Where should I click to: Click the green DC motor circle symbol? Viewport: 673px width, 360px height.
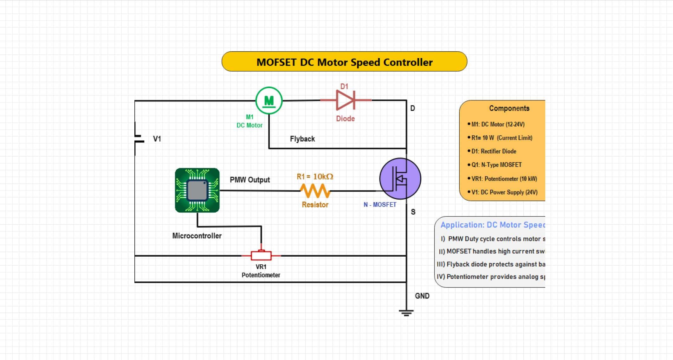coord(269,100)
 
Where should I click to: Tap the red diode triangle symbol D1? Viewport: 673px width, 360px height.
coord(345,100)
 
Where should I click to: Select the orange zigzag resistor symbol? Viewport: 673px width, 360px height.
coord(315,191)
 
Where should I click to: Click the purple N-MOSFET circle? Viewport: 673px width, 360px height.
coord(400,178)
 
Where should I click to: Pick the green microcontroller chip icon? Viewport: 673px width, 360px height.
coord(197,190)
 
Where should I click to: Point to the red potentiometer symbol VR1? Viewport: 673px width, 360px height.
coord(261,255)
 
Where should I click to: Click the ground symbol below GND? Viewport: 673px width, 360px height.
coord(406,313)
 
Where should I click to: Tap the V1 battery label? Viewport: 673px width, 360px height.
coord(157,139)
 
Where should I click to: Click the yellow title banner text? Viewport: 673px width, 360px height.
coord(344,62)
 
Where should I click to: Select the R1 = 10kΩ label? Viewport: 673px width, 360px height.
coord(315,177)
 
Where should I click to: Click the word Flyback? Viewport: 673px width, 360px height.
coord(302,139)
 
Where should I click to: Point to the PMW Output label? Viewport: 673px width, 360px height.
coord(249,180)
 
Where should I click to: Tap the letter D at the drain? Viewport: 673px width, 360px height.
coord(412,108)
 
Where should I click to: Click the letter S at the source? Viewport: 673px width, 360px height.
coord(413,212)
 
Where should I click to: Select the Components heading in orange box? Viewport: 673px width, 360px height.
coord(509,108)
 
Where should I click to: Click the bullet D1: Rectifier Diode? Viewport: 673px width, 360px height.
coord(494,151)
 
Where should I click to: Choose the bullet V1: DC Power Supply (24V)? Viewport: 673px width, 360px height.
coord(504,192)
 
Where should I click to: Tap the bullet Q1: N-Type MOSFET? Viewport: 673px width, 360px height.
coord(496,165)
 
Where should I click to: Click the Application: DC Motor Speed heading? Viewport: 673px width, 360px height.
coord(493,225)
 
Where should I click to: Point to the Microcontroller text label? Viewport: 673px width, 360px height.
coord(197,236)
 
